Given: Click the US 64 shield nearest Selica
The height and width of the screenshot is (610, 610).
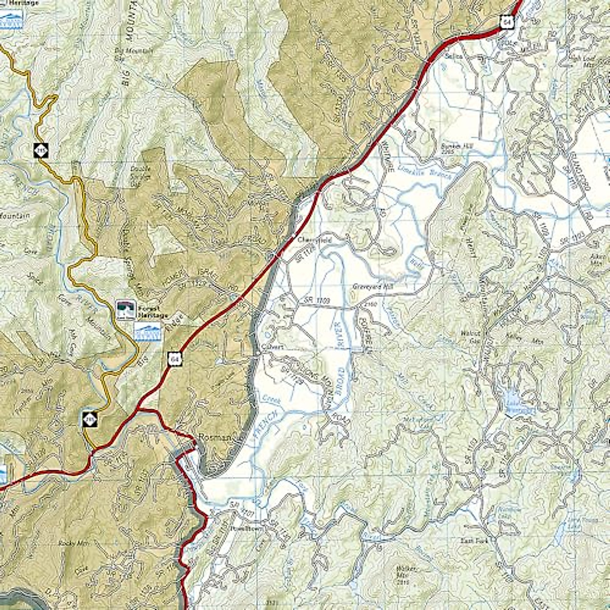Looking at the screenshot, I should tap(507, 21).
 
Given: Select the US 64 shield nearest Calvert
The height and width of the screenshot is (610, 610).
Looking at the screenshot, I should tap(174, 360).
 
